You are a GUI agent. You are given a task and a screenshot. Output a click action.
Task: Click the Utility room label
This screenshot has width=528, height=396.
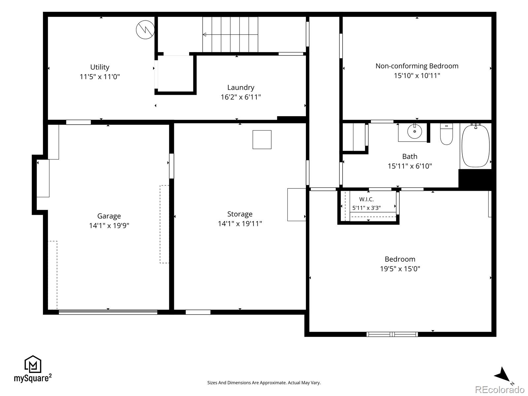(100, 67)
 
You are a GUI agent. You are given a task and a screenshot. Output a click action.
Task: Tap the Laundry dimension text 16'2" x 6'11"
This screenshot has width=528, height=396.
(241, 97)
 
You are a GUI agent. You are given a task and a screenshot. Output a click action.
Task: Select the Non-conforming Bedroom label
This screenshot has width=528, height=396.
(417, 66)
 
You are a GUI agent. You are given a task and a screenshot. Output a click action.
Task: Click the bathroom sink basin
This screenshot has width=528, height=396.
(414, 131)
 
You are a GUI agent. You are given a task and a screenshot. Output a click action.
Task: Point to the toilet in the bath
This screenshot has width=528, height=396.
(446, 134)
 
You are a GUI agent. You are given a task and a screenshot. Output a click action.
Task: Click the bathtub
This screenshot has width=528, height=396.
(476, 146)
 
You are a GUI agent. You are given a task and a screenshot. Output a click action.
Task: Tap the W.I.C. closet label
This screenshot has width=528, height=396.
(366, 199)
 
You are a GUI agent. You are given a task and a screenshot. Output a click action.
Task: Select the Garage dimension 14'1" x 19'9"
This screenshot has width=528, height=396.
(109, 225)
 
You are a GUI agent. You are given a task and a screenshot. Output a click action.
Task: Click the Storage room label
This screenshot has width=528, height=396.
(240, 214)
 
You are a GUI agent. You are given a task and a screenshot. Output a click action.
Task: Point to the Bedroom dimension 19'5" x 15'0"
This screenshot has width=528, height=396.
(400, 269)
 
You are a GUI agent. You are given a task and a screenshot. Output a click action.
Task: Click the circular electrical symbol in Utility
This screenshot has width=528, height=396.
(145, 30)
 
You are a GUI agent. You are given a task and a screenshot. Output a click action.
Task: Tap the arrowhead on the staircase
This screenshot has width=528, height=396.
(205, 35)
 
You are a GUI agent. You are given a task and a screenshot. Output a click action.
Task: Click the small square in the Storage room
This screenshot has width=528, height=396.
(262, 140)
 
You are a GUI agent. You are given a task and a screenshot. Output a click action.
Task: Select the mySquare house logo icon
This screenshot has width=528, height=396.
(33, 364)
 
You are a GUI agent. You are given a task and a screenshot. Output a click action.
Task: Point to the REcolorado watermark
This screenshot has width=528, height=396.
(500, 389)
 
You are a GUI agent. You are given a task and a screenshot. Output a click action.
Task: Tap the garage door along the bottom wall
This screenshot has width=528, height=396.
(108, 312)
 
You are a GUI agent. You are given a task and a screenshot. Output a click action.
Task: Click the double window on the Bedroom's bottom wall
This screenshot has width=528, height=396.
(392, 334)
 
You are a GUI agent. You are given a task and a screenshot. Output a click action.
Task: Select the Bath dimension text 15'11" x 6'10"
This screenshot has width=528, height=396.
(410, 166)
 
